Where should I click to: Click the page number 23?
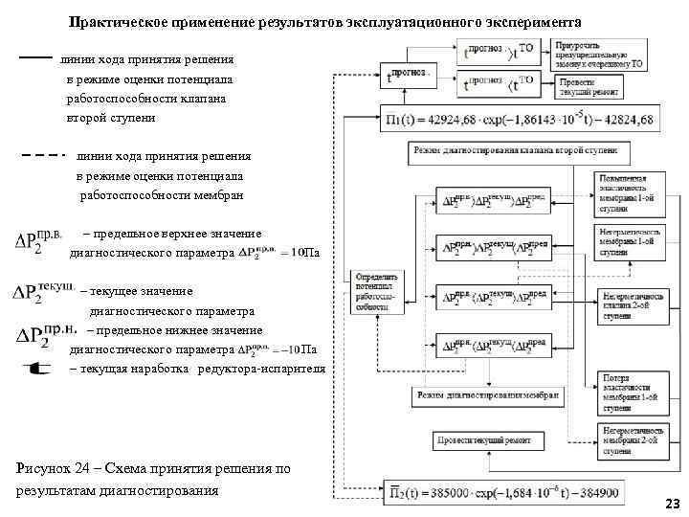(671, 504)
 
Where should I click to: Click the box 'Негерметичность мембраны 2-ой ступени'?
(626, 440)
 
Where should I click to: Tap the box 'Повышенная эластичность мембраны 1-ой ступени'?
(626, 194)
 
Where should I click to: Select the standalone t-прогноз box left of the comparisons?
(406, 74)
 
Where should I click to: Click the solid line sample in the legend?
(34, 58)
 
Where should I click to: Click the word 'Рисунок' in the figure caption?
(44, 468)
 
